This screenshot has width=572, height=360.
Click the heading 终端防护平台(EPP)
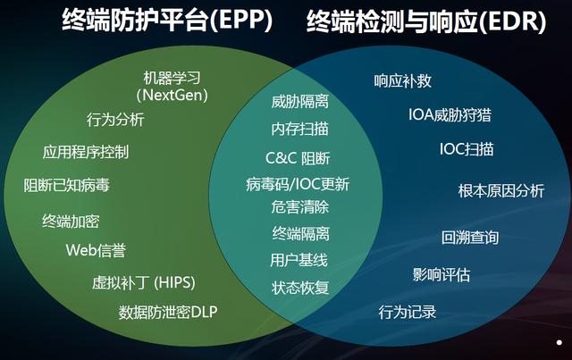point(167,20)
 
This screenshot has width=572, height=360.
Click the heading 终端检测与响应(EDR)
point(426,21)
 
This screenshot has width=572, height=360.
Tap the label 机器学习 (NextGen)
point(172,87)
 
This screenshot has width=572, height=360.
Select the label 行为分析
point(115,120)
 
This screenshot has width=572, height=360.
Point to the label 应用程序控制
point(86,152)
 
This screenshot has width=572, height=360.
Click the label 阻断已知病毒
point(67,185)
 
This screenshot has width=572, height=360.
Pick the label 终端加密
point(71,221)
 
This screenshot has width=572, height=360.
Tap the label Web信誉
point(96,250)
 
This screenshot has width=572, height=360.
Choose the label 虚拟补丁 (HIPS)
point(143,282)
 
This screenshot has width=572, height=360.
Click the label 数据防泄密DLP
point(168,313)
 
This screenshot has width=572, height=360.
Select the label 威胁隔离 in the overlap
point(300,102)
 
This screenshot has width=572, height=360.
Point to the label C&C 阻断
point(298,158)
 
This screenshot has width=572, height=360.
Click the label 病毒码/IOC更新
point(298,184)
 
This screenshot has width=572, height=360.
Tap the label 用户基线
point(299,260)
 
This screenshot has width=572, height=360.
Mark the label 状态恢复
point(300,288)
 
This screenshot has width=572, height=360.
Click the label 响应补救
point(403,81)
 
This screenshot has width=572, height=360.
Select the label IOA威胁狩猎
point(450,115)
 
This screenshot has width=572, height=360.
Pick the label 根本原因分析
point(501,191)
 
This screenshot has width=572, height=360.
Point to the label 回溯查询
point(470,238)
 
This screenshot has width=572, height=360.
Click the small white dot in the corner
point(559,342)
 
